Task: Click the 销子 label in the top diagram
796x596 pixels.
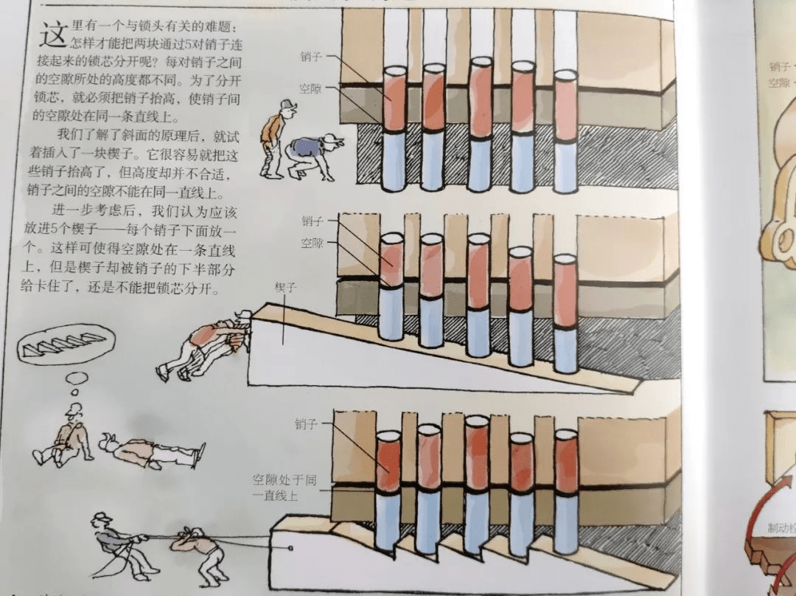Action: [310, 56]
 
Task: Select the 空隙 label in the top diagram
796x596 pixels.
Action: [310, 88]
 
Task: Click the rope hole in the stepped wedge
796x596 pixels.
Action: [291, 547]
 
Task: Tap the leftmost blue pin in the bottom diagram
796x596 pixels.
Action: [388, 520]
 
